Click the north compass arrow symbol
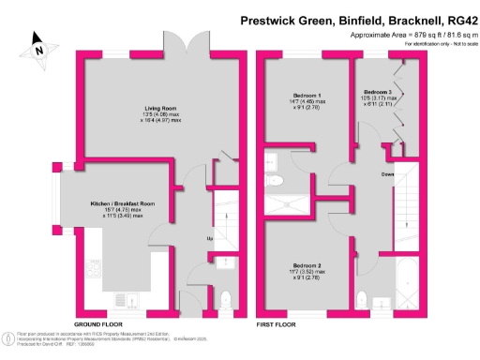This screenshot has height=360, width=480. tap(38, 41)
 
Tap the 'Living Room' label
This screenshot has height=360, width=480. tap(140, 109)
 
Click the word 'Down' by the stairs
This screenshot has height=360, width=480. tap(386, 173)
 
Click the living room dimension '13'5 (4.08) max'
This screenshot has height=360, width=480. tap(140, 116)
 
